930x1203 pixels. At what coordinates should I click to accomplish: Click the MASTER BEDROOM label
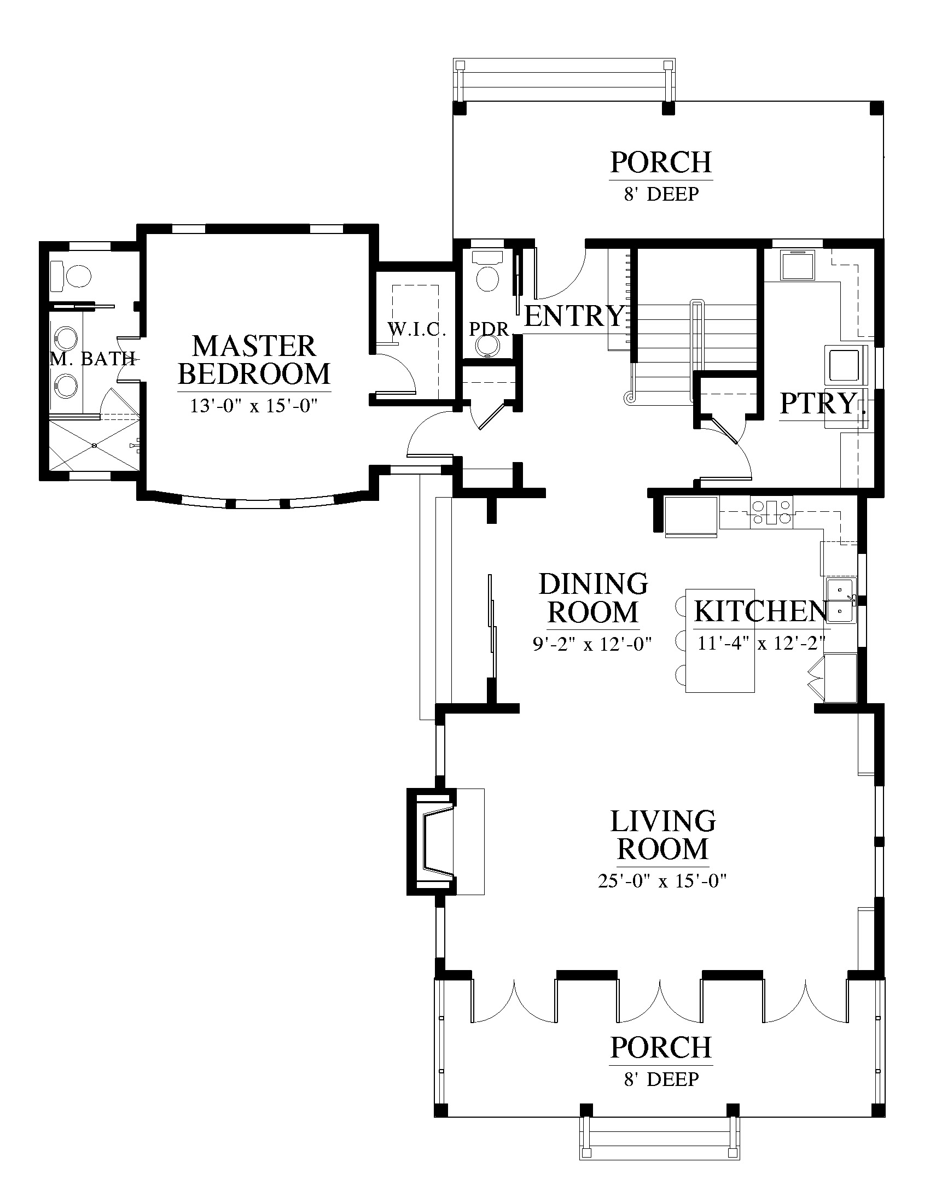[254, 360]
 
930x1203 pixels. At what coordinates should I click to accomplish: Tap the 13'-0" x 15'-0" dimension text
[254, 406]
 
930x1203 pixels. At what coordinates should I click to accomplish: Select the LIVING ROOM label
[663, 835]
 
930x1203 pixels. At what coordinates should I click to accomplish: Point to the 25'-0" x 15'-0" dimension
[662, 881]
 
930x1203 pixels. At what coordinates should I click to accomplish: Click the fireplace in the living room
[433, 841]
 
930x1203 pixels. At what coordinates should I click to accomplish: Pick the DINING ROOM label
[594, 598]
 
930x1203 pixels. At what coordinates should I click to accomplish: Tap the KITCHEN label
[761, 611]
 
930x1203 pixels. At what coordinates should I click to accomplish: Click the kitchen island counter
[719, 640]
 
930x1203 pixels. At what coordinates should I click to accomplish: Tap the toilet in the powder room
[487, 271]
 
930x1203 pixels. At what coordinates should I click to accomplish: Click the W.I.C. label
[416, 329]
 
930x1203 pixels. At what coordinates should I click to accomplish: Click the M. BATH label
[92, 359]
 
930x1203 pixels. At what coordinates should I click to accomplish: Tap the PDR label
[489, 329]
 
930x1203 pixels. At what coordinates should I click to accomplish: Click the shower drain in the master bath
[94, 445]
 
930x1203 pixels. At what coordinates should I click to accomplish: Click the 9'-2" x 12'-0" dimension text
[592, 644]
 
